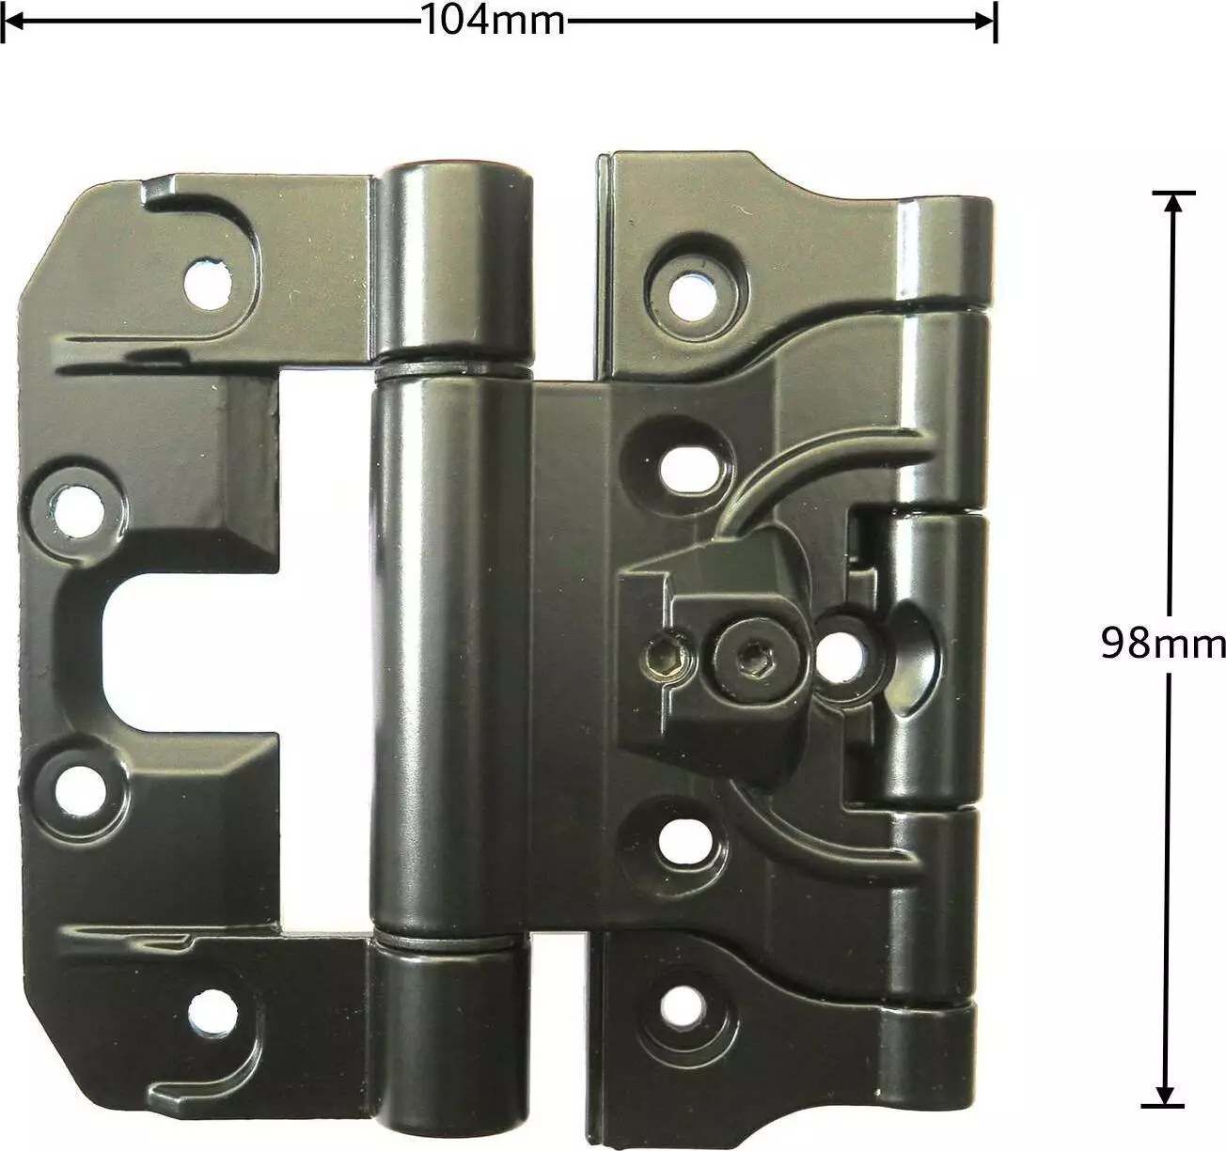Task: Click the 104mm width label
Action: click(494, 21)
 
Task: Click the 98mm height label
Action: click(1163, 643)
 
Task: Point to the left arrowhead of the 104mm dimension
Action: click(13, 21)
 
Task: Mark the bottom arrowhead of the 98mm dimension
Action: click(1164, 1095)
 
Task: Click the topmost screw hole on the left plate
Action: click(209, 285)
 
